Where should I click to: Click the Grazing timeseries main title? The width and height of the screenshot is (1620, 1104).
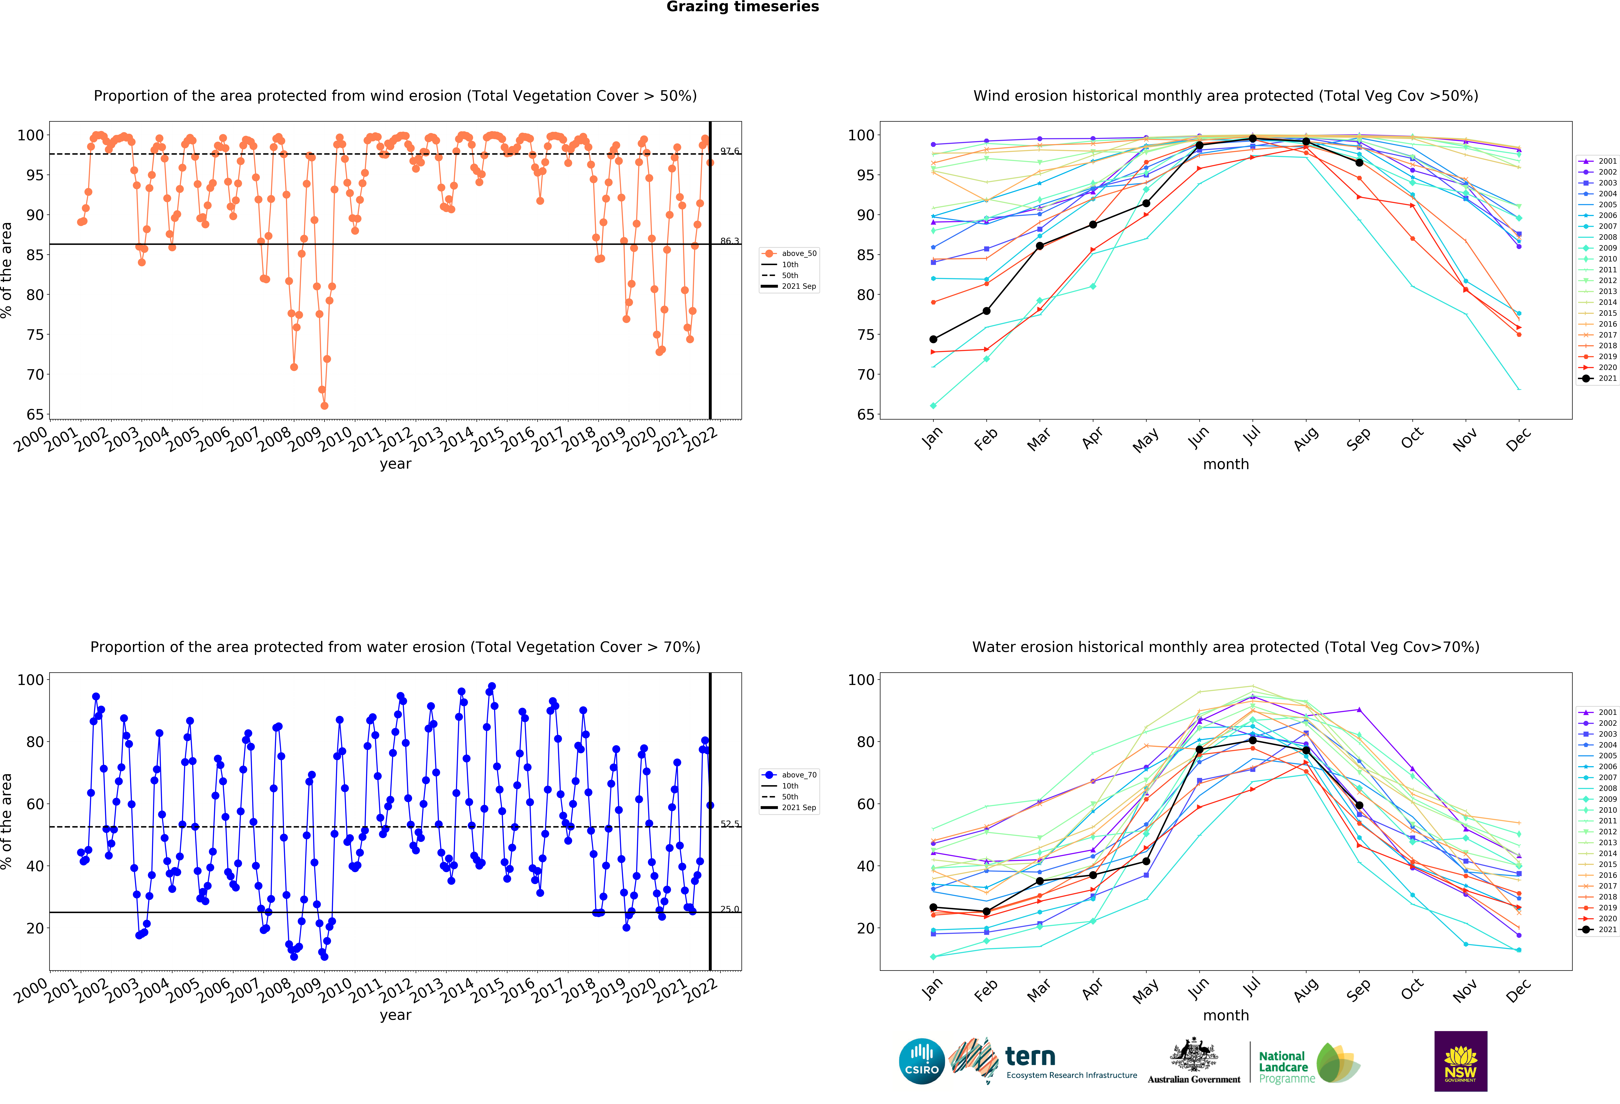click(742, 7)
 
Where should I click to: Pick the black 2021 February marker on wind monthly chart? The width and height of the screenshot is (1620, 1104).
click(986, 311)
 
